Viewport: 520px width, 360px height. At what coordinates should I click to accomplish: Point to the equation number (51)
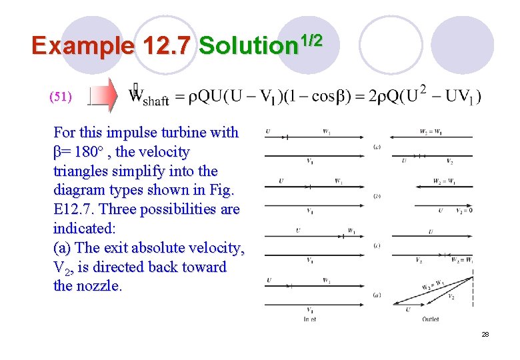(x=61, y=97)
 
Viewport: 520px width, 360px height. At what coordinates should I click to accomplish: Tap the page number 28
(x=485, y=334)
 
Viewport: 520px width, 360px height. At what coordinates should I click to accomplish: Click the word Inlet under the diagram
(x=310, y=319)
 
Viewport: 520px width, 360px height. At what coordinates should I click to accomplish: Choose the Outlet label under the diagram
(x=430, y=319)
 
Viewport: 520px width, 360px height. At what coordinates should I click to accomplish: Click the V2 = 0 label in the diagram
(x=463, y=211)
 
